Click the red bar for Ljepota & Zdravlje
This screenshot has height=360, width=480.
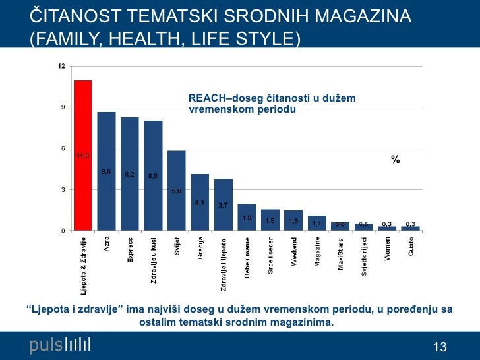tap(82, 156)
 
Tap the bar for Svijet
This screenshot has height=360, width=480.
tap(177, 191)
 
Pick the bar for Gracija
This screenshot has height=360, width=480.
tap(200, 202)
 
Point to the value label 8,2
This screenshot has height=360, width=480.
tap(130, 175)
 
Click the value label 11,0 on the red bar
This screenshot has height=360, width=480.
tap(82, 156)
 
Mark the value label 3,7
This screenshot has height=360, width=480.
tap(224, 205)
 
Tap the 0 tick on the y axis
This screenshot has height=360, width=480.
tap(63, 231)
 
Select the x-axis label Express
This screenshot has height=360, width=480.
tap(131, 250)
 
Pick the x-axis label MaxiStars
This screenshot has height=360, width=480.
tap(341, 253)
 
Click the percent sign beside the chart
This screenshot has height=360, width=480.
tap(396, 160)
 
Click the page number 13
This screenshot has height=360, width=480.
tap(440, 347)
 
